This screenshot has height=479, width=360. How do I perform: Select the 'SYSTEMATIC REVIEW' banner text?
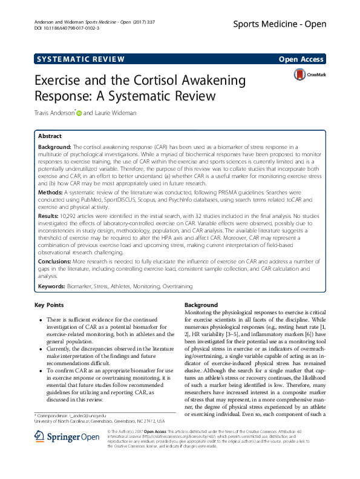(x=80, y=59)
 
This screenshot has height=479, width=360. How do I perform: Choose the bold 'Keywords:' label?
(x=52, y=285)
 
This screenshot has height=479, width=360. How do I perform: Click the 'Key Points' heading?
(x=49, y=305)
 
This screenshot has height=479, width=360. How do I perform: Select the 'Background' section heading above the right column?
(x=200, y=305)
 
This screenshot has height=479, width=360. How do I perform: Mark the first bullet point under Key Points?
(x=40, y=319)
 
